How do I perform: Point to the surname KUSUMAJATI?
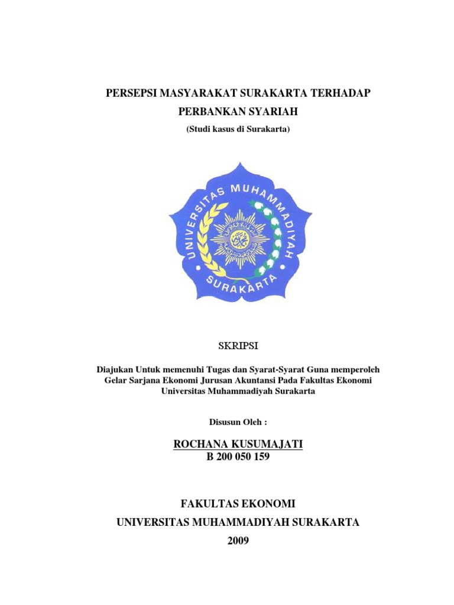(267, 444)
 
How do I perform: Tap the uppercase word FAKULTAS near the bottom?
(207, 503)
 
